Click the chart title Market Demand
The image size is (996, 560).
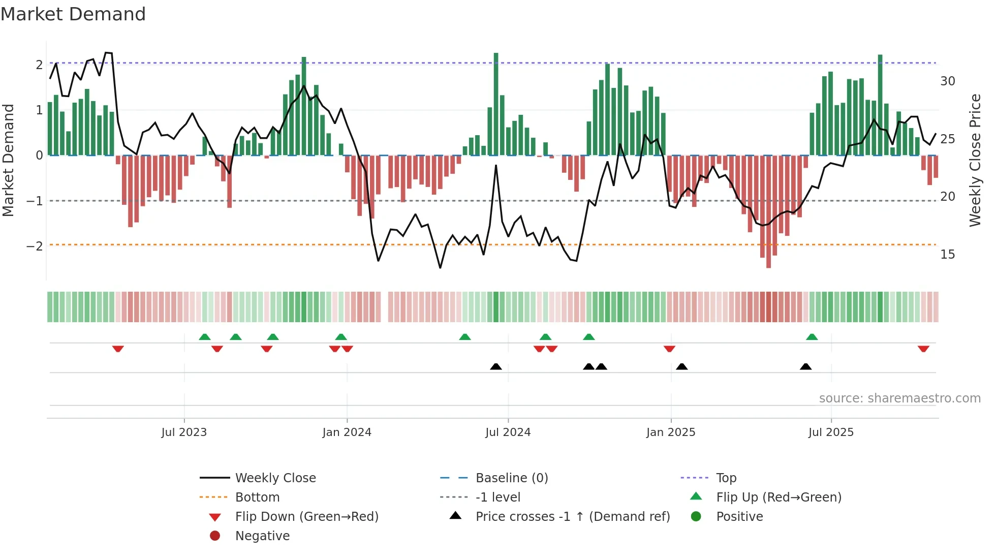point(73,14)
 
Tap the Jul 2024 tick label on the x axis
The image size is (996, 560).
point(508,432)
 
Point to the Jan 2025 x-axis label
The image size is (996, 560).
point(670,432)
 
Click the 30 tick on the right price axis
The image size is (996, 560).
point(947,81)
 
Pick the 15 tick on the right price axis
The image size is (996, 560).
point(947,255)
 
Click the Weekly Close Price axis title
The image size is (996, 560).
point(975,160)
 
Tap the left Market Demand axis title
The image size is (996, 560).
point(9,160)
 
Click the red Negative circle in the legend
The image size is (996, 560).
point(215,536)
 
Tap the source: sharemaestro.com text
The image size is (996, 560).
point(899,398)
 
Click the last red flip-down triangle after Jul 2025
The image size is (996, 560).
point(923,349)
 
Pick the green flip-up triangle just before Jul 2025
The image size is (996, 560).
point(812,337)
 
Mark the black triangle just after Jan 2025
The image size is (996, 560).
point(682,366)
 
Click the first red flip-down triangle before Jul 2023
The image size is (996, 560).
point(118,349)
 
